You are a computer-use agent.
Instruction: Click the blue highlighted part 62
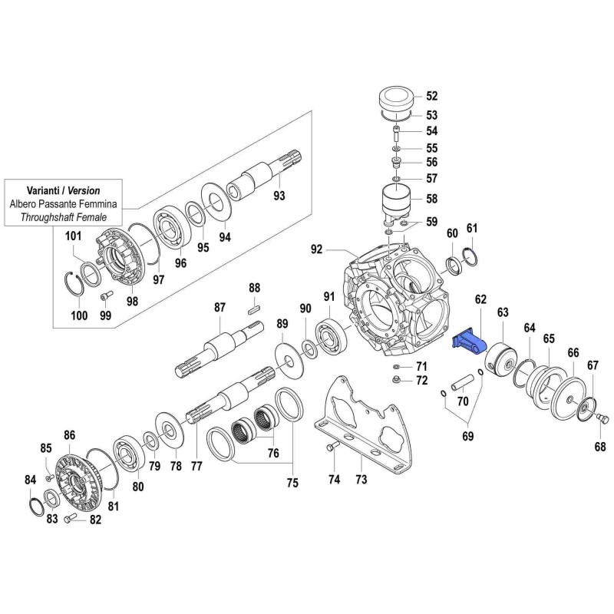tap(470, 342)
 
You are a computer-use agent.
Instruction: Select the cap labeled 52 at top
tap(397, 100)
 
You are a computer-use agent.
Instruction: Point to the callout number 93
tap(279, 196)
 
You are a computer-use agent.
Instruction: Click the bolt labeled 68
tap(601, 418)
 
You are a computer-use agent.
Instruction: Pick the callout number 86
tap(70, 435)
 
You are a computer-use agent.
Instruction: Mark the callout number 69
tap(467, 437)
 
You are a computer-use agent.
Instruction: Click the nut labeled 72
tap(395, 380)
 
